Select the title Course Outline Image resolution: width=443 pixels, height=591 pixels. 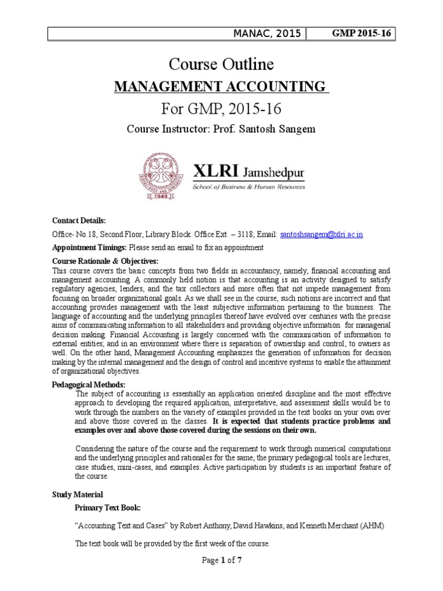(221, 63)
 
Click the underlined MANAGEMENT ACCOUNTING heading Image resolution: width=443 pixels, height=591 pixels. (221, 87)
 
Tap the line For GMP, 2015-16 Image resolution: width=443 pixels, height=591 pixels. (221, 108)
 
